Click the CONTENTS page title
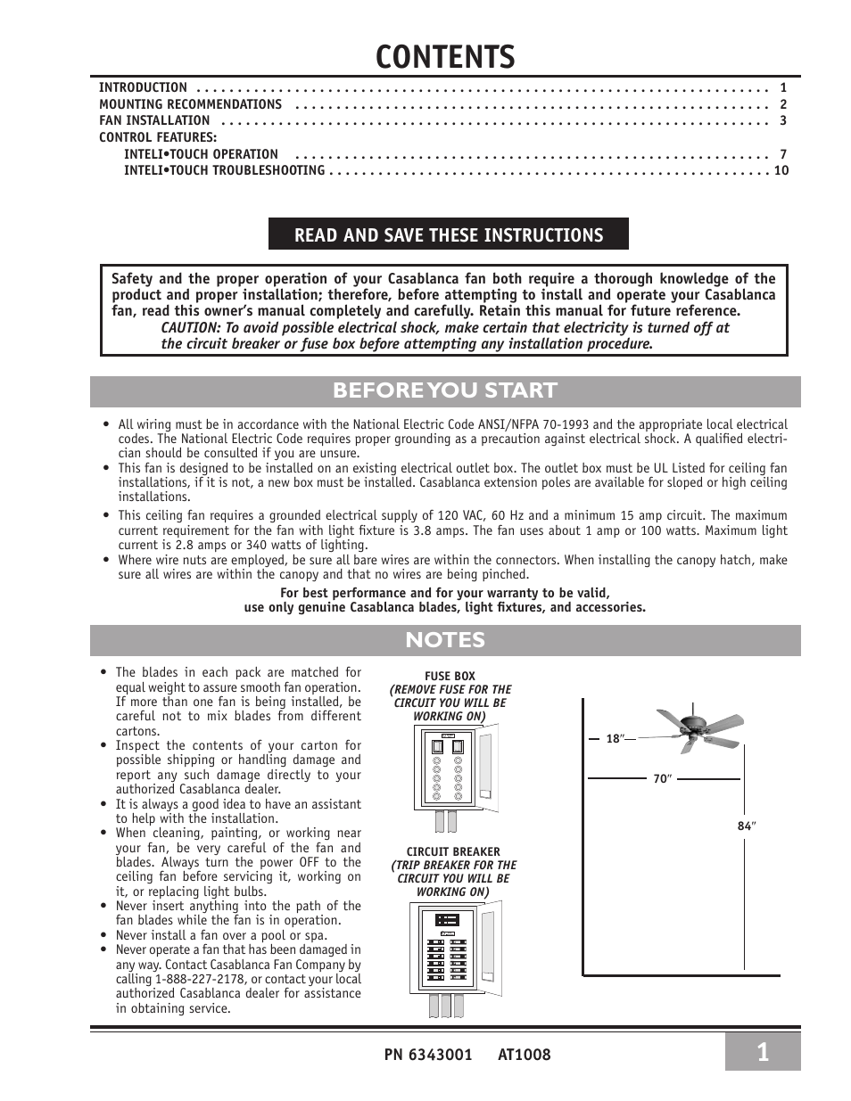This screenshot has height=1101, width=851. point(445,55)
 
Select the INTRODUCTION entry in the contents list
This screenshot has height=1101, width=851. point(143,87)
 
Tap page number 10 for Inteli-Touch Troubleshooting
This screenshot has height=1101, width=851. point(781,170)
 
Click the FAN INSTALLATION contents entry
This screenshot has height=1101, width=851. point(154,120)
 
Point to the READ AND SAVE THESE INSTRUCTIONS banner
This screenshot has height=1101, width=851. point(449,234)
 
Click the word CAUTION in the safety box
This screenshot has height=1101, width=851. point(190,327)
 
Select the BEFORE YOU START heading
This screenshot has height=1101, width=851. point(445,390)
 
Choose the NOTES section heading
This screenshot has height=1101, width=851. point(445,640)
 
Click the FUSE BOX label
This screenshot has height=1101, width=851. point(450,676)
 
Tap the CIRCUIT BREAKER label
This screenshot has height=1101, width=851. point(453,851)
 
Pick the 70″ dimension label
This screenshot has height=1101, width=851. point(661,778)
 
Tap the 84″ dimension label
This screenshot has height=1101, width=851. point(746,826)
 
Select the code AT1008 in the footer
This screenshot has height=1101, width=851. point(525,1055)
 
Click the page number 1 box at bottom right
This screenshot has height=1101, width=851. point(762,1052)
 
